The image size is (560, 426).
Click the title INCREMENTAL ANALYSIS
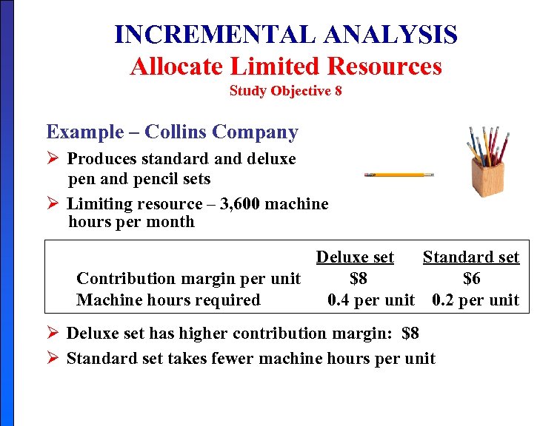click(x=286, y=35)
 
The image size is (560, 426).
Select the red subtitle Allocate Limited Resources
click(x=286, y=67)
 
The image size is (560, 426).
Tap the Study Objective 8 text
click(x=286, y=92)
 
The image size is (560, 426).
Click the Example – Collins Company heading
click(x=172, y=132)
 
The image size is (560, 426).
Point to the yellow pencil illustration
click(x=399, y=175)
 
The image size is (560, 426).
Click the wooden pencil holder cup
click(x=487, y=177)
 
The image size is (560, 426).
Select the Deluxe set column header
click(x=355, y=257)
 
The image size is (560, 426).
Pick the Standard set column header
click(x=471, y=257)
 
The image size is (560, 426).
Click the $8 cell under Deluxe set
click(x=359, y=279)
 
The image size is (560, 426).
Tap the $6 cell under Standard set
click(x=472, y=279)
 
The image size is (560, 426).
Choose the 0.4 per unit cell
click(x=371, y=300)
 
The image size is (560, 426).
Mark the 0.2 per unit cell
click(x=476, y=300)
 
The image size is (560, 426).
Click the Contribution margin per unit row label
click(x=188, y=279)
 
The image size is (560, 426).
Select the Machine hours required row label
click(x=168, y=300)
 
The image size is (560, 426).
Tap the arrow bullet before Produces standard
click(x=53, y=159)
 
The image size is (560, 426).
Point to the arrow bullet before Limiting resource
click(x=53, y=204)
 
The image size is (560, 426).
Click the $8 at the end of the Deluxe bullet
click(x=410, y=334)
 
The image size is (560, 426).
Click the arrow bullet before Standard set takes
click(x=53, y=359)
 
